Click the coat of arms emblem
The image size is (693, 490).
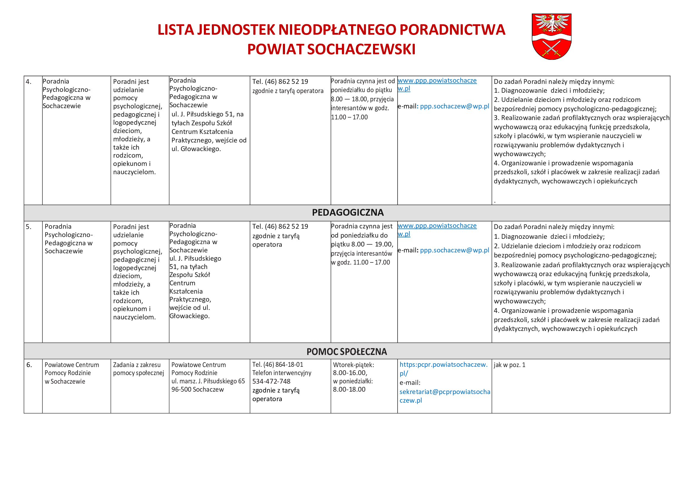pyautogui.click(x=551, y=36)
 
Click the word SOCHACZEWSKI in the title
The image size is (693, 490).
pyautogui.click(x=361, y=49)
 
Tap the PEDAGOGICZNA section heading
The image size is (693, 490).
pyautogui.click(x=348, y=213)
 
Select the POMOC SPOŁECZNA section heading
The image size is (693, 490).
pyautogui.click(x=347, y=352)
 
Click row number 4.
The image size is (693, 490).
pyautogui.click(x=29, y=81)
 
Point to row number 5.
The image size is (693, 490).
pyautogui.click(x=29, y=227)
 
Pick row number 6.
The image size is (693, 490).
pyautogui.click(x=29, y=365)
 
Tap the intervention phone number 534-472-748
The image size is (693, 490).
pyautogui.click(x=271, y=381)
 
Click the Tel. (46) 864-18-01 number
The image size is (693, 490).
pyautogui.click(x=278, y=365)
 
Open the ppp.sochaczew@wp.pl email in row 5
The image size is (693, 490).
pyautogui.click(x=454, y=250)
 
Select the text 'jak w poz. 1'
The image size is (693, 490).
pyautogui.click(x=510, y=365)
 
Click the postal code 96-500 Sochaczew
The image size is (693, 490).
pyautogui.click(x=197, y=390)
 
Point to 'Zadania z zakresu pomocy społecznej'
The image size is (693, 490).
pyautogui.click(x=138, y=369)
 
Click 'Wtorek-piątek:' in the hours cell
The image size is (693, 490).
pyautogui.click(x=353, y=365)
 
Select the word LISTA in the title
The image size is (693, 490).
pyautogui.click(x=176, y=30)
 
